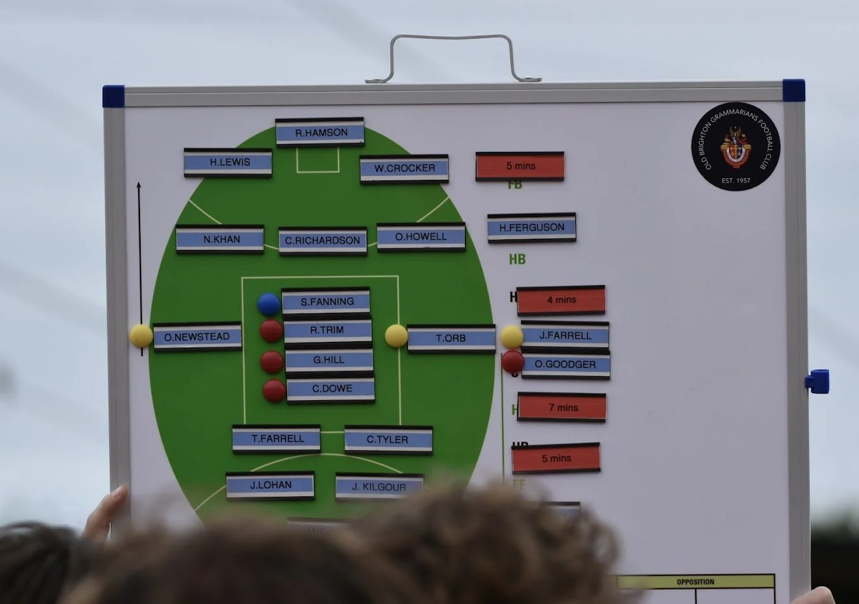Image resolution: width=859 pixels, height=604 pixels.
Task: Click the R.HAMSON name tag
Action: pyautogui.click(x=320, y=132)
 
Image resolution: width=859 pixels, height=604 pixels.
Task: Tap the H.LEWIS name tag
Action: pyautogui.click(x=228, y=162)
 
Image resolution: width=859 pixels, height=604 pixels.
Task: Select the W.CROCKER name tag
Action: pyautogui.click(x=404, y=168)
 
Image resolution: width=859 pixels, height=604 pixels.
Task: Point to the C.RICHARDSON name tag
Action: pyautogui.click(x=322, y=241)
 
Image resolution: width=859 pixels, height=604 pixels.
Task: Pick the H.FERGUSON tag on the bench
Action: pyautogui.click(x=531, y=227)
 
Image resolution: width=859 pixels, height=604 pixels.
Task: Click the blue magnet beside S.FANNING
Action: pyautogui.click(x=269, y=305)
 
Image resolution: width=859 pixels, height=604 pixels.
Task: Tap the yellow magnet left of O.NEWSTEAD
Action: pyautogui.click(x=141, y=336)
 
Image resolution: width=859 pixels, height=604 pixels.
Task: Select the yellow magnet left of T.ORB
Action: pyautogui.click(x=397, y=336)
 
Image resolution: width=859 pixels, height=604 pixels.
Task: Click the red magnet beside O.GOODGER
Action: pyautogui.click(x=512, y=362)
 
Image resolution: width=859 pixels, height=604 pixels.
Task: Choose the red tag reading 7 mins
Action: pyautogui.click(x=562, y=407)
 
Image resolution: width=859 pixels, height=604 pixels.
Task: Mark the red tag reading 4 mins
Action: pyautogui.click(x=561, y=299)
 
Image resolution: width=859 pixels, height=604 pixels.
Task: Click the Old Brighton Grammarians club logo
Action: pyautogui.click(x=735, y=147)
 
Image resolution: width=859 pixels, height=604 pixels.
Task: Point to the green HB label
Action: pyautogui.click(x=517, y=260)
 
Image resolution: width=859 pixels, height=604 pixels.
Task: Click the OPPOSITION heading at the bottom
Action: pyautogui.click(x=695, y=582)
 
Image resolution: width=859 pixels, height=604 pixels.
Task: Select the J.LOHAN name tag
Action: pyautogui.click(x=270, y=486)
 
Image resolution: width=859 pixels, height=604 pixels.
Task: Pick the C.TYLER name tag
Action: pyautogui.click(x=388, y=439)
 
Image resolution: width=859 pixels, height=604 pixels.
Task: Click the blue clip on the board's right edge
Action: pyautogui.click(x=817, y=381)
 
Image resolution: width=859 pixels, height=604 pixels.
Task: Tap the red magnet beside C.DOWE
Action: pyautogui.click(x=274, y=391)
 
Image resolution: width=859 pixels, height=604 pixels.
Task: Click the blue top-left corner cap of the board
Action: pyautogui.click(x=113, y=96)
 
